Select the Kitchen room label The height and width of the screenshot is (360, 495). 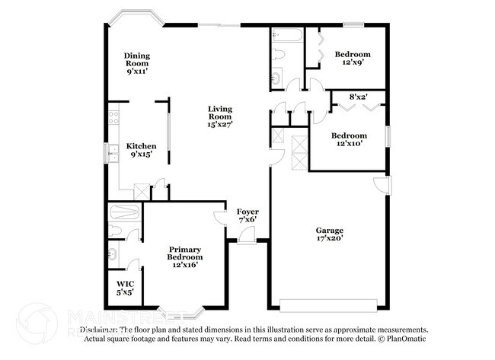click(x=141, y=145)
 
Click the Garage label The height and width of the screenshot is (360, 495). click(x=330, y=230)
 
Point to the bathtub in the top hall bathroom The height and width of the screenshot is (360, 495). click(x=288, y=34)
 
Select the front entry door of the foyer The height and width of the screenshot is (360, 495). click(x=246, y=239)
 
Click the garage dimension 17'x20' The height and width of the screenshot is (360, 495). click(x=330, y=239)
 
